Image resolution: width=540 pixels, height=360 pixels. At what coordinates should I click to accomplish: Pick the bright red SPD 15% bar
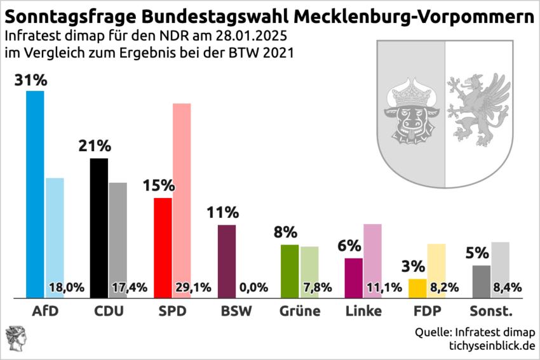click(x=163, y=248)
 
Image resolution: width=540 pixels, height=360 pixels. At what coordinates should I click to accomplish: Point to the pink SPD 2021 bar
click(x=182, y=190)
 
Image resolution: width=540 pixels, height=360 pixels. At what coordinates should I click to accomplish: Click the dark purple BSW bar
click(x=227, y=261)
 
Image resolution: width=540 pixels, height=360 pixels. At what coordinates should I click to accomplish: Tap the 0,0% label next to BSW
click(x=254, y=288)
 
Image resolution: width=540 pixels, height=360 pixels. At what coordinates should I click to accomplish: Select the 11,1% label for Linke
click(x=384, y=288)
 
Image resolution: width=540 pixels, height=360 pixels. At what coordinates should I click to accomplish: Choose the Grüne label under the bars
click(x=300, y=312)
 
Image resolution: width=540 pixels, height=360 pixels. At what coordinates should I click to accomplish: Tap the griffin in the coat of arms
click(x=478, y=108)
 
